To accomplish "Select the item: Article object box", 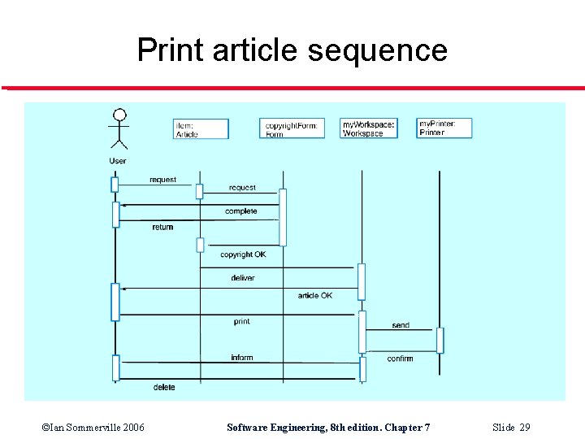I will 201,129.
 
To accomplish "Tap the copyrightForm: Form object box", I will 292,128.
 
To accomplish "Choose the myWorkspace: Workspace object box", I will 369,128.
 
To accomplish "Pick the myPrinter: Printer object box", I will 444,128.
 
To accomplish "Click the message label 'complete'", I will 240,211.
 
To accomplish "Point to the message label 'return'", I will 162,228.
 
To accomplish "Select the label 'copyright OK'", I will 243,254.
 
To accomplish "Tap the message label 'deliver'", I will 242,278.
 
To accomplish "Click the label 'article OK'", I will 314,295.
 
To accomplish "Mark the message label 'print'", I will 241,322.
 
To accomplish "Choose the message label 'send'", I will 401,325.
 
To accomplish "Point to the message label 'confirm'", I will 400,359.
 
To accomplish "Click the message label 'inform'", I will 241,358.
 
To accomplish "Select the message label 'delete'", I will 163,388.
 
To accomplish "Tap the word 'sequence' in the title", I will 377,50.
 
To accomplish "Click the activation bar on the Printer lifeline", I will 440,340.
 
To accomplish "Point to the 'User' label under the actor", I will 118,161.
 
